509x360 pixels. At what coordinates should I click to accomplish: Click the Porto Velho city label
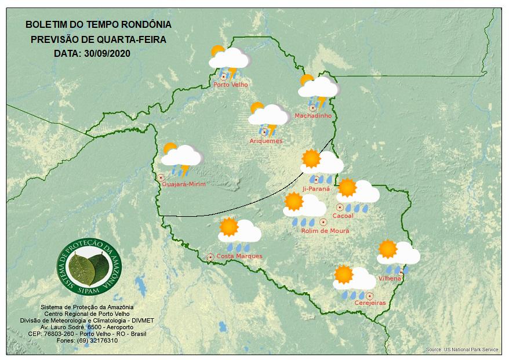pos(231,85)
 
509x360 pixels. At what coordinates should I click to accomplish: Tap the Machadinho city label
pos(313,116)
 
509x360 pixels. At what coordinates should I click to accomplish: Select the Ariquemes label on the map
pos(266,141)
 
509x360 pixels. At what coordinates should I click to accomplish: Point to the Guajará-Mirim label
pos(184,184)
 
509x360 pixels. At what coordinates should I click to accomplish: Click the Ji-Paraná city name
pos(316,189)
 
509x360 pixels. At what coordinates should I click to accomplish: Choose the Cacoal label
pos(343,216)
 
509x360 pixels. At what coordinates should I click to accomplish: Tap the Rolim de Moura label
pos(325,231)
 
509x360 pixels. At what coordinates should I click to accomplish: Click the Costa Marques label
pos(239,256)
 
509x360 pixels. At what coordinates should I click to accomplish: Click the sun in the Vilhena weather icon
pos(387,249)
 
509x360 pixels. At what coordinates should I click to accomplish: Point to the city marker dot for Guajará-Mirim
pos(161,177)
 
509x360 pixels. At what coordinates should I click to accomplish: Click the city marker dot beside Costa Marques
pos(210,256)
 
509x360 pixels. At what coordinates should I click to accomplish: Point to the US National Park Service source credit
pos(461,350)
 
